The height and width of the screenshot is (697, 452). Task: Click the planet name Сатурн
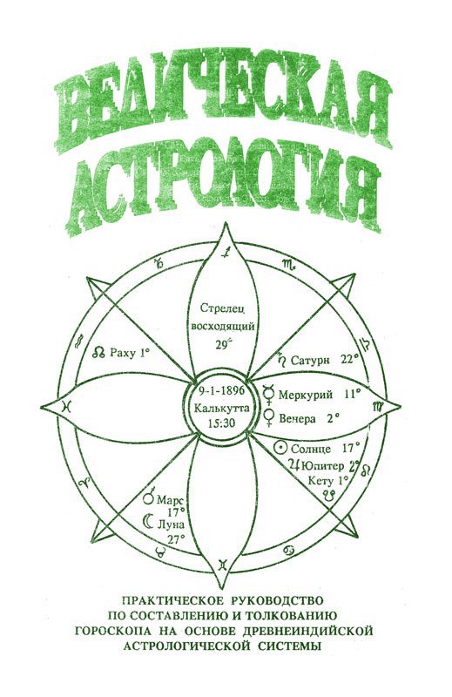(x=310, y=360)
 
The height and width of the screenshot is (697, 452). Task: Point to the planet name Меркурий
(x=306, y=395)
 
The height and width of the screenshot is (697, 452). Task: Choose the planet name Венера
(x=297, y=419)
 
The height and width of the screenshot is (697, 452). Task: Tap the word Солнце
(x=311, y=449)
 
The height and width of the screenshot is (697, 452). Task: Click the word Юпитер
(x=322, y=466)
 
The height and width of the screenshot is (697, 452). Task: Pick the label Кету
(x=320, y=481)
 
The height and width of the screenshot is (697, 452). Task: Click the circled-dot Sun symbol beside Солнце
(x=280, y=447)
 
